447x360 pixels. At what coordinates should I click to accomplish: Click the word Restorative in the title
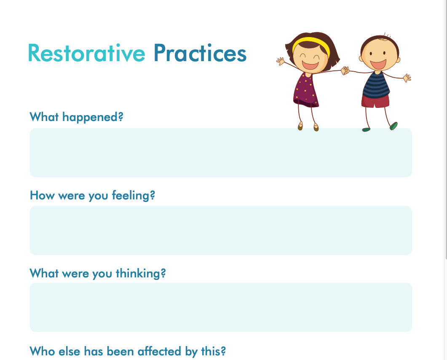point(87,53)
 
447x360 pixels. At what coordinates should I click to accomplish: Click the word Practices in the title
point(200,53)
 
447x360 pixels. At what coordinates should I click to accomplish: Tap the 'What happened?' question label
point(76,117)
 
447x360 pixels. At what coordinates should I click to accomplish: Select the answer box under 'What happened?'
point(221,153)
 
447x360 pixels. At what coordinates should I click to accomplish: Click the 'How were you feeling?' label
point(92,196)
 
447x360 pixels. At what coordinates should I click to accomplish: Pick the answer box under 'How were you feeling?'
point(221,231)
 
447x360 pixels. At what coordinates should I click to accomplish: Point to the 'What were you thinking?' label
point(98,273)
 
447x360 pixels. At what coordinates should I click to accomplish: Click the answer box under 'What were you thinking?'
point(221,307)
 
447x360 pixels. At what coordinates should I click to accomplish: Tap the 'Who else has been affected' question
point(128,351)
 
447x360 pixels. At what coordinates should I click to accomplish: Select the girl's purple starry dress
point(305,90)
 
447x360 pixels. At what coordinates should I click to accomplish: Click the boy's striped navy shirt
point(376,85)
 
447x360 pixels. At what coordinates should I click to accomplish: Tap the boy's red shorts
point(375,101)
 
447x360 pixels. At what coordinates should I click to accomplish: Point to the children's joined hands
point(345,70)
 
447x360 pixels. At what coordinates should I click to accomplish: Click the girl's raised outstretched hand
point(281,61)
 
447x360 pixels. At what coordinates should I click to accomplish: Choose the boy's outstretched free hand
point(407,78)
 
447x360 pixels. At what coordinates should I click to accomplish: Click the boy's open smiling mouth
point(378,64)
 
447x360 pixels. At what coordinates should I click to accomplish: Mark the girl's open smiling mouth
point(310,65)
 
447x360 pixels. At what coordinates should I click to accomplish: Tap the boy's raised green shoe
point(393,126)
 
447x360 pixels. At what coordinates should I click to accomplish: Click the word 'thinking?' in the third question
point(141,273)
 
